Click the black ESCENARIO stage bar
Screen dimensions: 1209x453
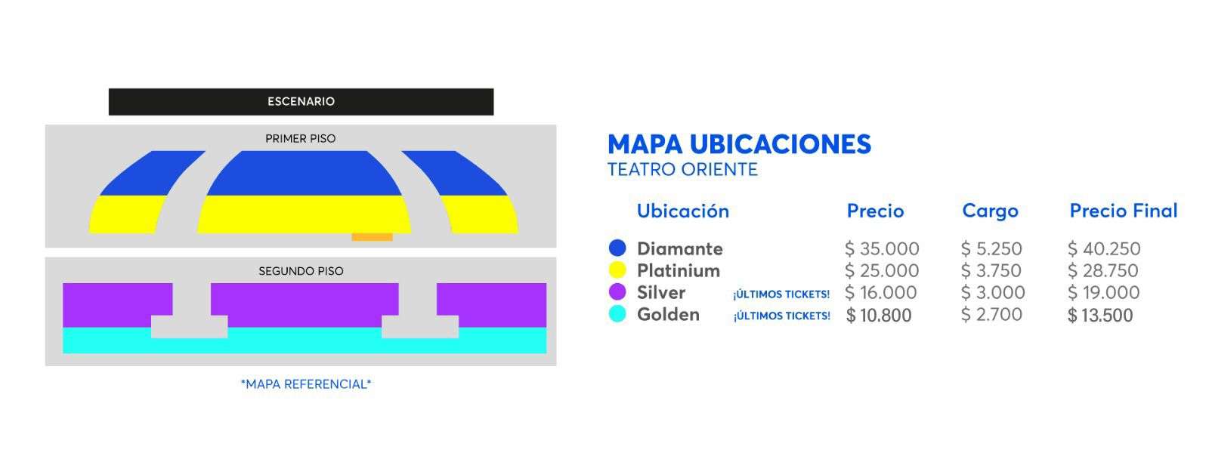point(301,101)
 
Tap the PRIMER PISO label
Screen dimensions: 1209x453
point(301,139)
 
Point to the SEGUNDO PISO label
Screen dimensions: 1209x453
point(301,271)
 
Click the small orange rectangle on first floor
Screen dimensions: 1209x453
point(372,237)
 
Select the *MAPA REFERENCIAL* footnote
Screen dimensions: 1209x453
point(306,384)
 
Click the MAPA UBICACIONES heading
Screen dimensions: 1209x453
point(740,144)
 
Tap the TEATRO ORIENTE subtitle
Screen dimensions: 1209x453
point(683,170)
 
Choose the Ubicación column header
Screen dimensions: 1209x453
point(683,211)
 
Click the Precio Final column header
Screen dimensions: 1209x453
point(1124,211)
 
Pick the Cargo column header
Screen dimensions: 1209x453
point(991,211)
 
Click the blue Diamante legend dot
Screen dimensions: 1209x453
point(617,248)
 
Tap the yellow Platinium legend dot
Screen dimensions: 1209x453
point(617,270)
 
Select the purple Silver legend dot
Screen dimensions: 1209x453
point(617,291)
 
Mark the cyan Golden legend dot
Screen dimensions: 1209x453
point(617,314)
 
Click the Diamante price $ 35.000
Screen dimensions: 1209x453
point(882,248)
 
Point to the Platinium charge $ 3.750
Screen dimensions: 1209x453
point(991,270)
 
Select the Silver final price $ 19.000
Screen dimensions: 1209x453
point(1104,292)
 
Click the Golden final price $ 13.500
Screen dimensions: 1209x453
point(1100,315)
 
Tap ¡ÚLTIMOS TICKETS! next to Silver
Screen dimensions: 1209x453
point(781,294)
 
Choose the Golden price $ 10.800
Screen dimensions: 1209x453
point(879,315)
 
